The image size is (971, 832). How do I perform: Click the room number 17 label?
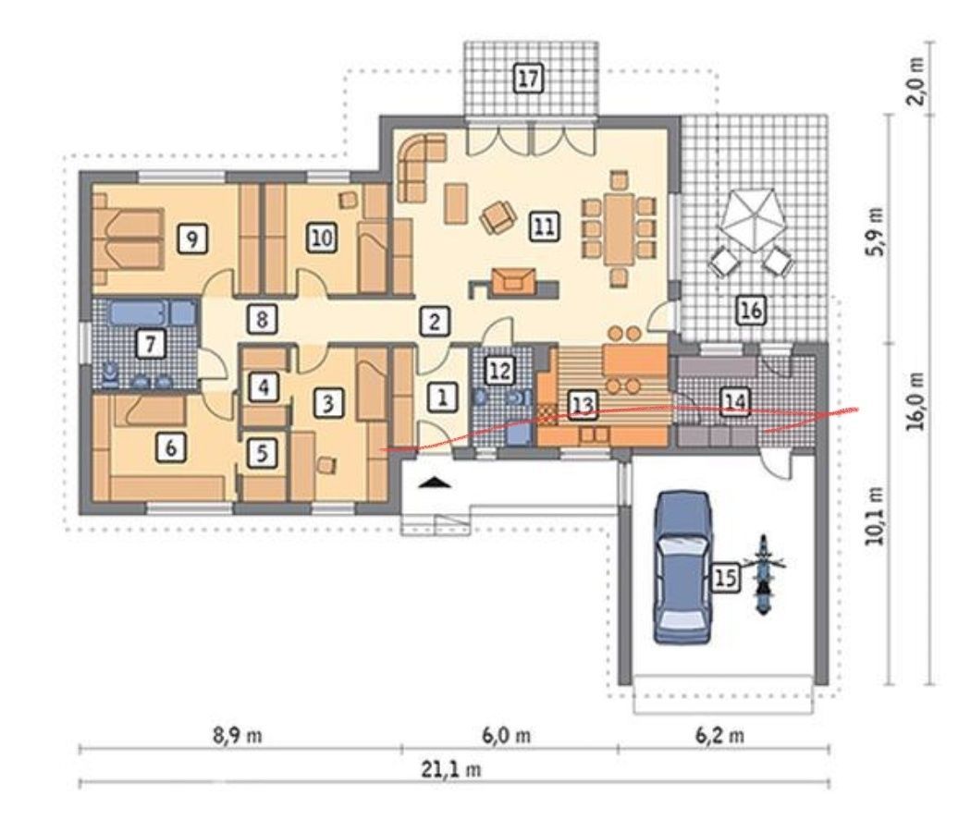point(528,79)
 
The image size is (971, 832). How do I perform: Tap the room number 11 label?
point(544,226)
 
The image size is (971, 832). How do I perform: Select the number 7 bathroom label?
point(151,344)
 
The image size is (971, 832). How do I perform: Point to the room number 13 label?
point(582,404)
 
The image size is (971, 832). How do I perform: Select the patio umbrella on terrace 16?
point(751,220)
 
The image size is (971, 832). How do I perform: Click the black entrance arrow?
point(436,483)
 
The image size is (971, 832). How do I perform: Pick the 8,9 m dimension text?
point(238,736)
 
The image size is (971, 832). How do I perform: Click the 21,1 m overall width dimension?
point(452,769)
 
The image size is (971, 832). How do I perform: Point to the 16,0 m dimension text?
point(917,400)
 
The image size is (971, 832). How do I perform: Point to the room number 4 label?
point(264,387)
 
